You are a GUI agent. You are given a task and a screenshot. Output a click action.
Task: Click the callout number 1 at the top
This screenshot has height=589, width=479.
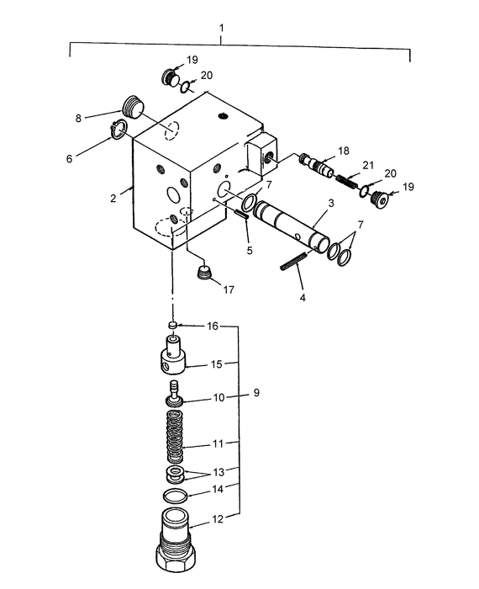(221, 29)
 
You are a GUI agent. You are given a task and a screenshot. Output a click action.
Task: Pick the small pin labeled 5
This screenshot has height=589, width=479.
(239, 215)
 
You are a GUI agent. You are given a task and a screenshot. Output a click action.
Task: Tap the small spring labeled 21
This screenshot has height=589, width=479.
(348, 178)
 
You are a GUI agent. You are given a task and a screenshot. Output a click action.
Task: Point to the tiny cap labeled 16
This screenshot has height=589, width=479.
(172, 324)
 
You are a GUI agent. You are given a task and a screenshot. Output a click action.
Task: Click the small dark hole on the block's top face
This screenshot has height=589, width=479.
(223, 115)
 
